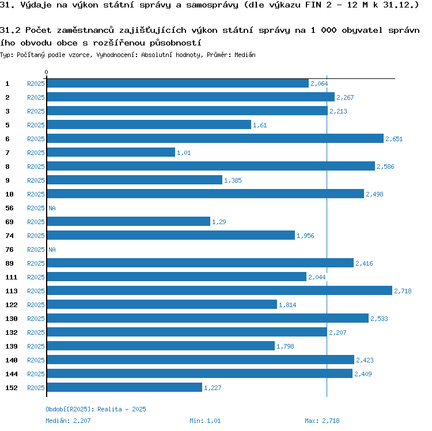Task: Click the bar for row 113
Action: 219,291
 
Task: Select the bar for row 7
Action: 111,153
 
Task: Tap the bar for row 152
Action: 124,388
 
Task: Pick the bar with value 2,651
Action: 215,139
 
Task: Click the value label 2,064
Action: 319,84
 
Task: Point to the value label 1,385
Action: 232,181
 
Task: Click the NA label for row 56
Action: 52,209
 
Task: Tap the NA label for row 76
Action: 52,250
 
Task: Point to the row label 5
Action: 7,125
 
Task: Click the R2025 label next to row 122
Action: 36,305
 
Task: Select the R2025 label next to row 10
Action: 36,194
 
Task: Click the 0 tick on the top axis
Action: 46,73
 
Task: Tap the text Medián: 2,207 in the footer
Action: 68,421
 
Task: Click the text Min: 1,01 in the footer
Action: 205,421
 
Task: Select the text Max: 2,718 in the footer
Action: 322,421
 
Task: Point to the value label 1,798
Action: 286,347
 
